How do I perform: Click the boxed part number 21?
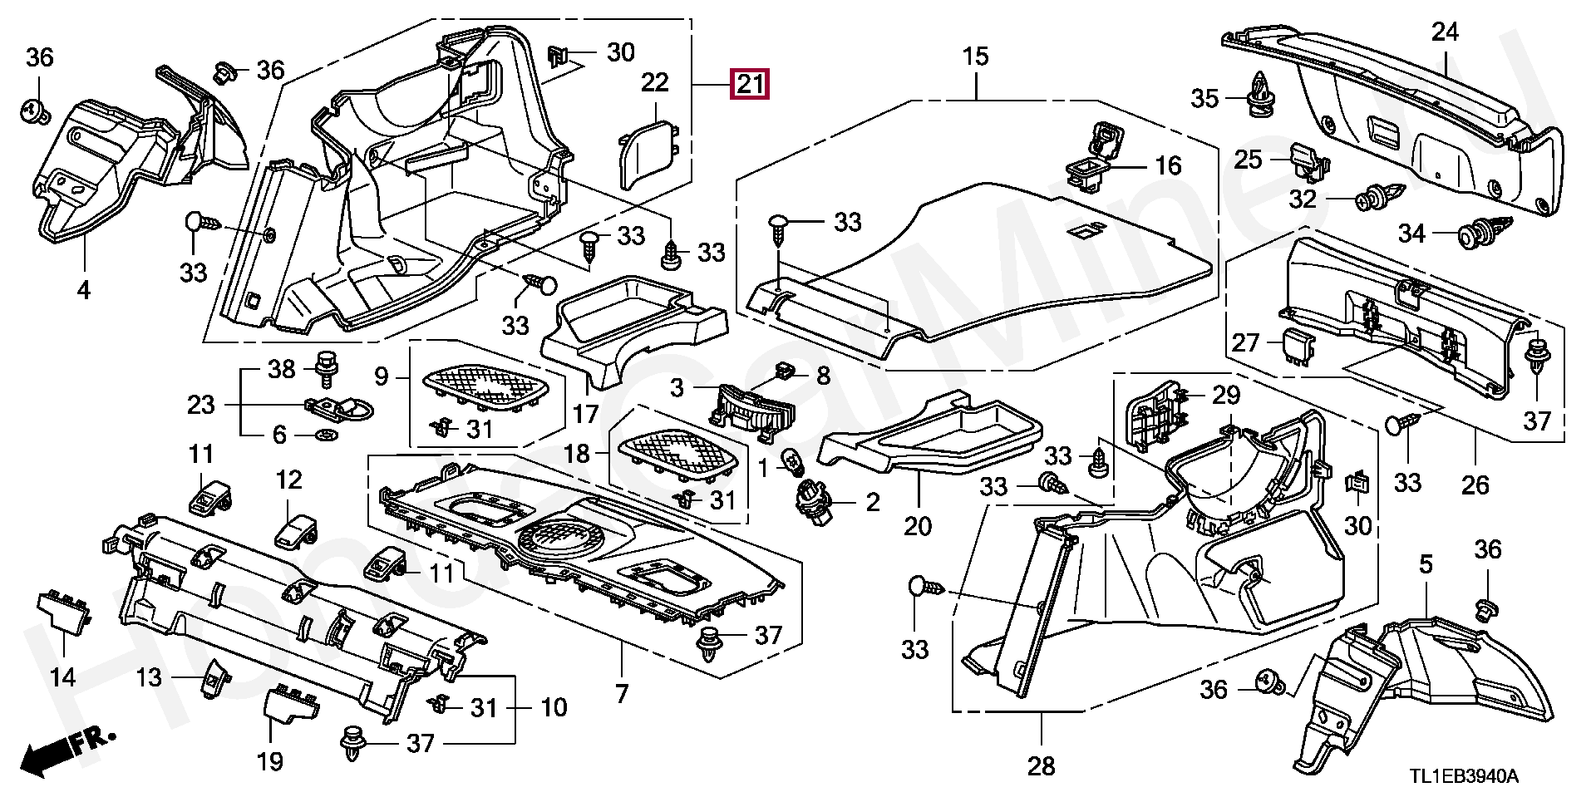tap(749, 84)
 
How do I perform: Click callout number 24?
tap(1445, 33)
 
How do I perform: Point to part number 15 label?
tap(976, 57)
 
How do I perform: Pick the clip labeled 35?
tap(1262, 92)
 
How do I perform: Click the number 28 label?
tap(1041, 764)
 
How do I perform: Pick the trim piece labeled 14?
tap(62, 616)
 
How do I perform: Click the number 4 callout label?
tap(83, 290)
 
